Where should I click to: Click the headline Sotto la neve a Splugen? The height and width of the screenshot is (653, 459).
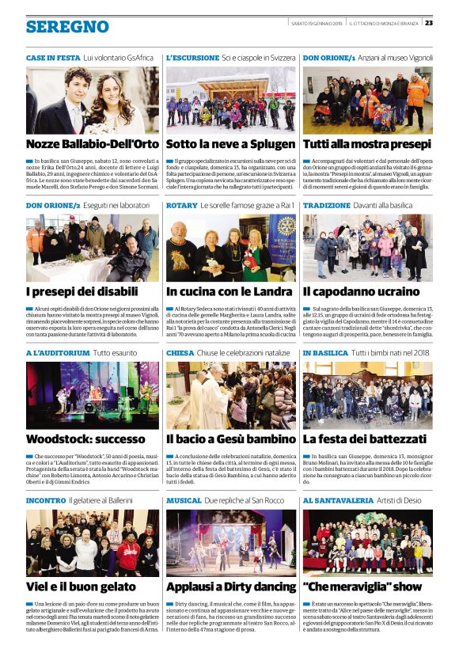229,144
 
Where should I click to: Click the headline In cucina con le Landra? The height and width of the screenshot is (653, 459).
229,292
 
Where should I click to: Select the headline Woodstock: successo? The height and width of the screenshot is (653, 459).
82,438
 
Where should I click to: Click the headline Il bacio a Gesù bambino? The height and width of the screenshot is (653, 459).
231,438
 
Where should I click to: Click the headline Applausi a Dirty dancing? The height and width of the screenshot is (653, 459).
231,587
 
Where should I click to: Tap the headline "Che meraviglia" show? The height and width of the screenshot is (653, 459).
362,587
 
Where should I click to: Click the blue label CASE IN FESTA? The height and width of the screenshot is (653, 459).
52,59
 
